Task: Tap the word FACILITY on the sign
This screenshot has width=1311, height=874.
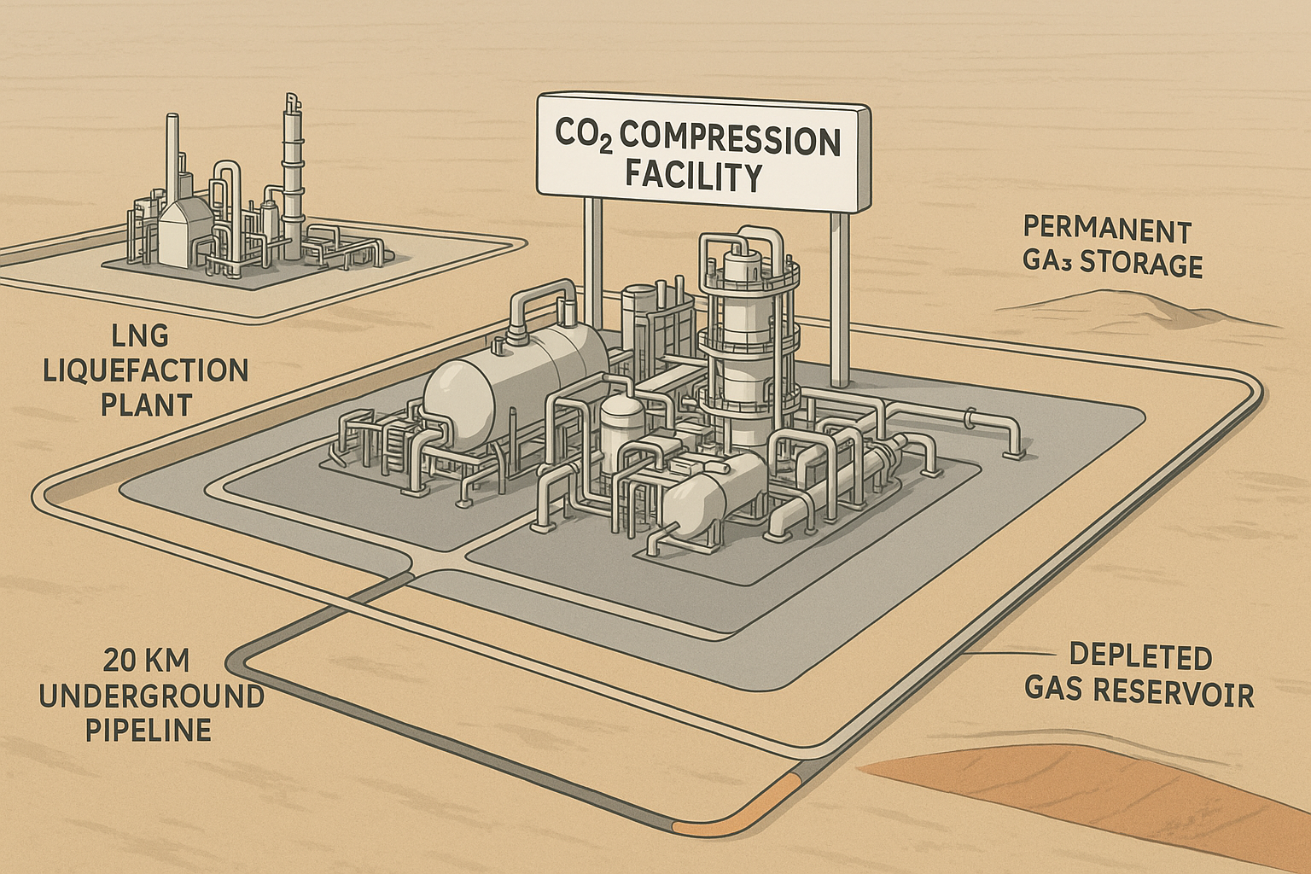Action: (693, 177)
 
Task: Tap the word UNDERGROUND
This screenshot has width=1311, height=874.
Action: (152, 696)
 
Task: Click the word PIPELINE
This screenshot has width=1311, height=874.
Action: (147, 731)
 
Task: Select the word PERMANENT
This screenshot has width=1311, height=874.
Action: (1106, 230)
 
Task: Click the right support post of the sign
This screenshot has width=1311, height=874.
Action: (840, 299)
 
